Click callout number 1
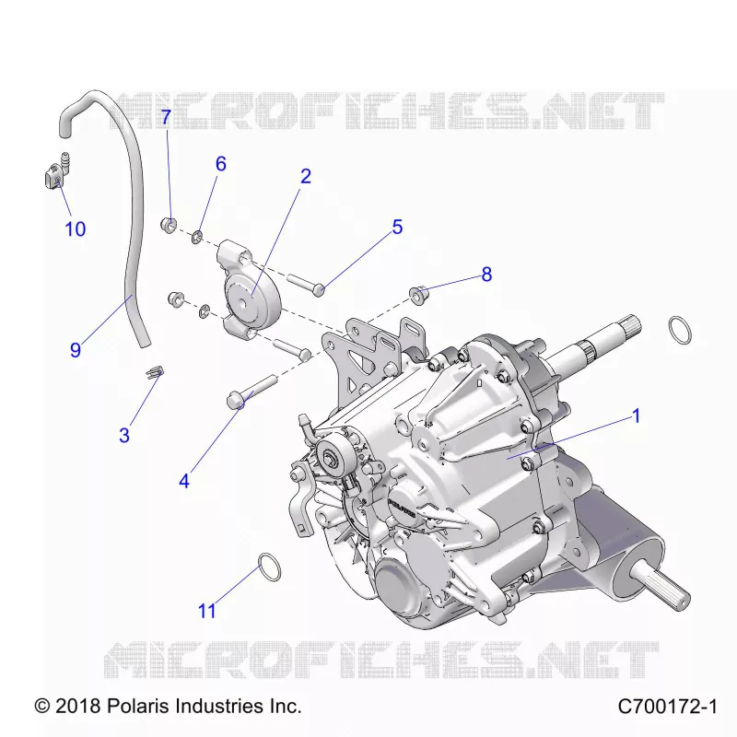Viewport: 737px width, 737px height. click(637, 416)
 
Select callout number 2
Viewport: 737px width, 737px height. click(306, 176)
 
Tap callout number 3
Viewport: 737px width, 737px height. click(124, 435)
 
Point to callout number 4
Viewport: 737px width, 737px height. click(184, 481)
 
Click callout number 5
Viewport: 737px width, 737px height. click(397, 227)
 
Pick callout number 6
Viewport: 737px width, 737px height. click(221, 164)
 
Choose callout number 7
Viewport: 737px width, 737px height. click(166, 117)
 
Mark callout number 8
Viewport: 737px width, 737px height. click(486, 274)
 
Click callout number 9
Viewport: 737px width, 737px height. click(76, 350)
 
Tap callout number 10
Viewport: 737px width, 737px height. click(76, 228)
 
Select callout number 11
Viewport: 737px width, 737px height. click(206, 611)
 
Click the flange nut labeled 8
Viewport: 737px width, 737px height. click(417, 295)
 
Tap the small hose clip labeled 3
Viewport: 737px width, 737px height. click(154, 371)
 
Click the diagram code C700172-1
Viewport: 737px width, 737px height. click(667, 706)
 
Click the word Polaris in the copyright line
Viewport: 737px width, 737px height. click(135, 706)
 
